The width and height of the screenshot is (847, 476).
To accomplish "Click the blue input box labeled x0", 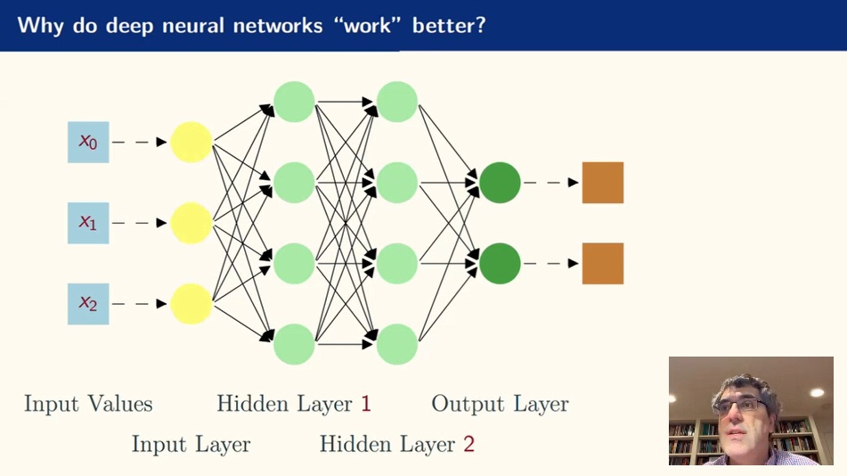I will click(x=88, y=142).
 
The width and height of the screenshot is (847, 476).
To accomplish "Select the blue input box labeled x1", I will click(x=88, y=223).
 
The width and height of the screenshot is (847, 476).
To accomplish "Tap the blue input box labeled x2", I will click(x=88, y=304).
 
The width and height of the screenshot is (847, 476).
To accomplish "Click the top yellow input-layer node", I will click(x=191, y=142).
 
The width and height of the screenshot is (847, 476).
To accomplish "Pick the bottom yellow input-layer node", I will click(x=191, y=304).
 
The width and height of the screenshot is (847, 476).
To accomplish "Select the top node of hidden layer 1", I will click(x=294, y=102).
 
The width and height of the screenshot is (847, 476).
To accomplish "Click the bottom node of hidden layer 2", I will click(x=397, y=344).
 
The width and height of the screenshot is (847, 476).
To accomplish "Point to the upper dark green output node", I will click(x=500, y=183).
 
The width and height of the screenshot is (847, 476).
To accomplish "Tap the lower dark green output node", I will click(x=500, y=264).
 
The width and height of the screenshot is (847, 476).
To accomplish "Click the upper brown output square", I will click(x=603, y=183).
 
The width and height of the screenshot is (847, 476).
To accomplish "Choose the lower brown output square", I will click(x=603, y=264).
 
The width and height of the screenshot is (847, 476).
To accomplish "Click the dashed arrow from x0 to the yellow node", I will click(x=140, y=142).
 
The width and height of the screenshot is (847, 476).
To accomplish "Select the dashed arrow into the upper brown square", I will click(x=551, y=183).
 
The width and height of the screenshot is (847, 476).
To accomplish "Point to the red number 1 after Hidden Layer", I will click(x=365, y=404).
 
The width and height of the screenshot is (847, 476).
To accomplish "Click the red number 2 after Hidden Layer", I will click(x=468, y=443).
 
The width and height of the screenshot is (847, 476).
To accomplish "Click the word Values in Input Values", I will click(x=119, y=404).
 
